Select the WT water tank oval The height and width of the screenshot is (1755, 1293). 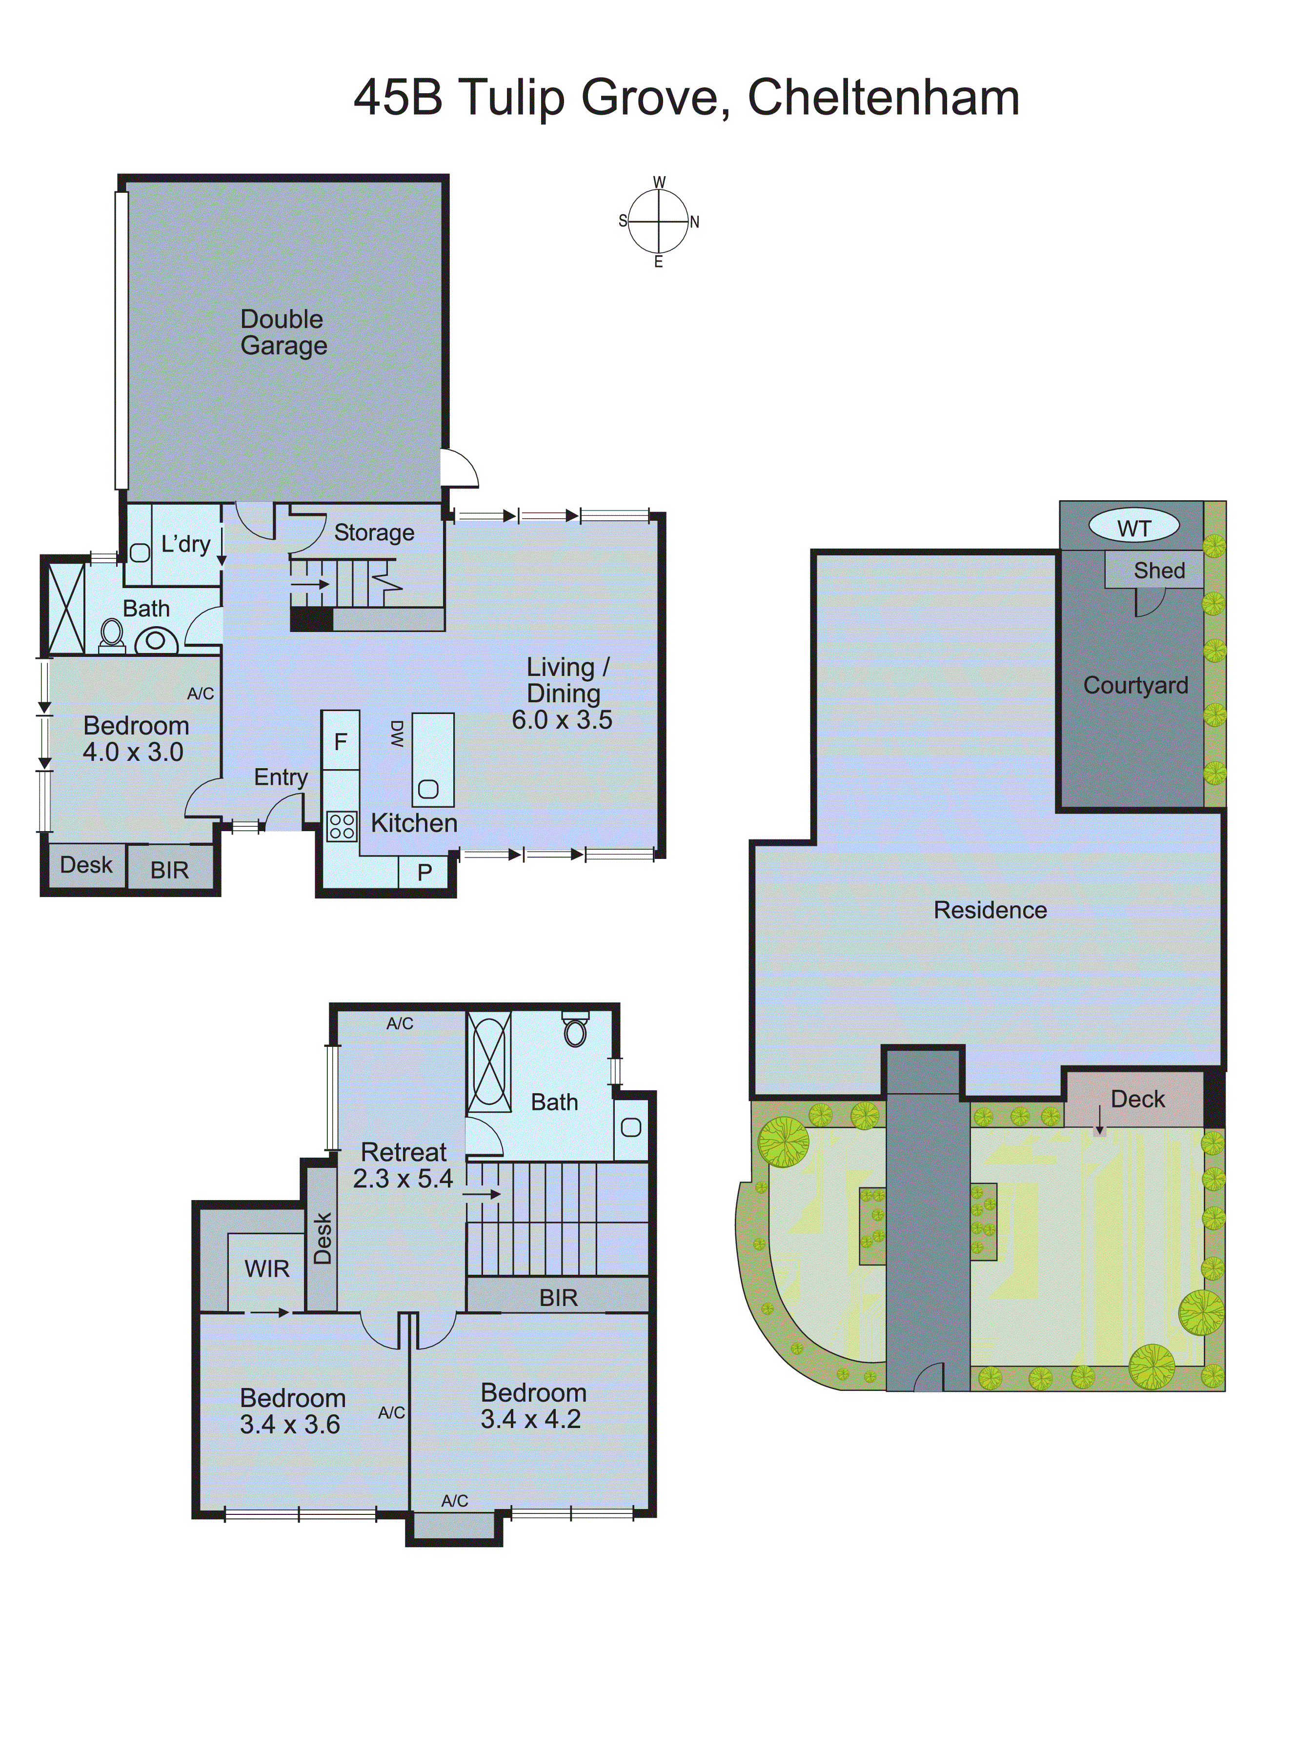[1133, 528]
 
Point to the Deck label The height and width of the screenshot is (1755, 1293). [1137, 1099]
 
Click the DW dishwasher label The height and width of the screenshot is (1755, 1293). [397, 734]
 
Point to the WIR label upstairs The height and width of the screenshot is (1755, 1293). [267, 1268]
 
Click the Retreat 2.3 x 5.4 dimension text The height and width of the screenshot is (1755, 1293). [403, 1178]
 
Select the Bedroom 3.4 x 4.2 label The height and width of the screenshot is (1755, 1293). [532, 1405]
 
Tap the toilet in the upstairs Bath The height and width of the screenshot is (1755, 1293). [575, 1030]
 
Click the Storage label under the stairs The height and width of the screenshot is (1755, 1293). [374, 532]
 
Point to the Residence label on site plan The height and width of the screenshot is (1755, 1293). [990, 910]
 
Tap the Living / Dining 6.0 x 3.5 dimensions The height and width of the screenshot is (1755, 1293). [562, 719]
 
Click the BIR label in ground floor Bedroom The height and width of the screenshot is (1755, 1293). [169, 870]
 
